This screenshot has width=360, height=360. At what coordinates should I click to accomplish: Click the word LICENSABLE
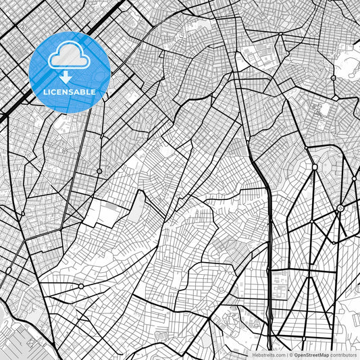coord(69,91)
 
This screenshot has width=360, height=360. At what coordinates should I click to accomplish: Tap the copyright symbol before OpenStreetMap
coord(290,354)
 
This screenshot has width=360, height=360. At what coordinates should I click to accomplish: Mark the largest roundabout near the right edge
coord(340,208)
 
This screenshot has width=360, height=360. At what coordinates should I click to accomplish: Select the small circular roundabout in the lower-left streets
coord(81,286)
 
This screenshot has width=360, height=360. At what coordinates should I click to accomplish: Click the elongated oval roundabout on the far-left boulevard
coord(8,271)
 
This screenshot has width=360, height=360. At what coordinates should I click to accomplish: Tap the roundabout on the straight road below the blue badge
coord(99,172)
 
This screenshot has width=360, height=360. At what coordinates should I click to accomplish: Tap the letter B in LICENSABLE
coord(83,91)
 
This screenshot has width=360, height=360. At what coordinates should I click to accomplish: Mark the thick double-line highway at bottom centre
coord(269,317)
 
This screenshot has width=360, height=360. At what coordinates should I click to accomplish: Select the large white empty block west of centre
coord(101,213)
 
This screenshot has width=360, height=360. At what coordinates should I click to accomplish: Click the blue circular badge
coord(69,72)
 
